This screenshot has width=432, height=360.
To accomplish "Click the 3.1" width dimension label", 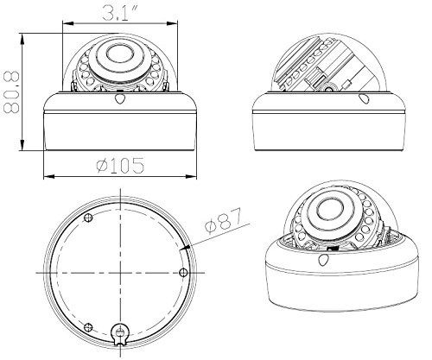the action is [x=121, y=13].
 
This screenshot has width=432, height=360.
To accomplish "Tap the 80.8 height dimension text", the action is [x=11, y=92].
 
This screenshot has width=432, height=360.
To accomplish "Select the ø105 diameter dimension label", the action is [x=120, y=166].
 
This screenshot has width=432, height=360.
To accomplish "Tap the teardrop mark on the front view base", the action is [x=120, y=98].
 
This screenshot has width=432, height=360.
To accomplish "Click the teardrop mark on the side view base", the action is [x=365, y=98].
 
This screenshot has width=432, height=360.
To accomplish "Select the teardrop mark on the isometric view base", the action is [x=323, y=260].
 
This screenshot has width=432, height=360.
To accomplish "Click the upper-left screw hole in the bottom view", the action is [x=88, y=218].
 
